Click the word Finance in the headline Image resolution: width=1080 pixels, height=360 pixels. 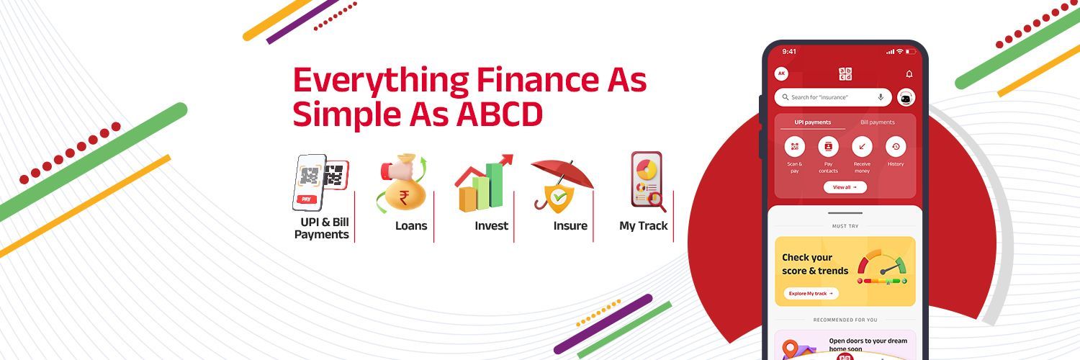534,81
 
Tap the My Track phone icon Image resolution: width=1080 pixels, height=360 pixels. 647,181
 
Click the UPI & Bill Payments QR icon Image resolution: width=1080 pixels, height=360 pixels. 320,181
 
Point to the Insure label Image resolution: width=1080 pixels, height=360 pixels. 570,226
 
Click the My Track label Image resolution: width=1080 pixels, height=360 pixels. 644,226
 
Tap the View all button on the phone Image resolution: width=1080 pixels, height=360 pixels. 845,187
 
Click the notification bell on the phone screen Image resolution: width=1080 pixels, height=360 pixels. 909,74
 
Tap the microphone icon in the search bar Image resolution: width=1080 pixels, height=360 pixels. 881,97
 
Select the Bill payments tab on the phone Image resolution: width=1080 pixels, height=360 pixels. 877,122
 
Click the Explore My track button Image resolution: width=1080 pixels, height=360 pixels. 811,294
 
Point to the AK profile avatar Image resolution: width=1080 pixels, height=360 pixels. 781,73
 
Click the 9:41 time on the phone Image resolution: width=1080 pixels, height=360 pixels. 789,52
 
